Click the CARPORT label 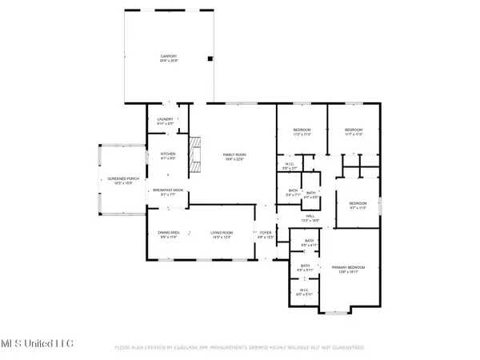tap(168, 58)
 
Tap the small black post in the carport tap(210, 58)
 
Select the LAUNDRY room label tap(165, 121)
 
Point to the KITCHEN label tap(168, 155)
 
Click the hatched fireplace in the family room tap(194, 156)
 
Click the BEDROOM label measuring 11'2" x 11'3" tap(302, 130)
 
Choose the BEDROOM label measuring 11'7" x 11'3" tap(354, 130)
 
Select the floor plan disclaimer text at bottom tap(240, 348)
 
